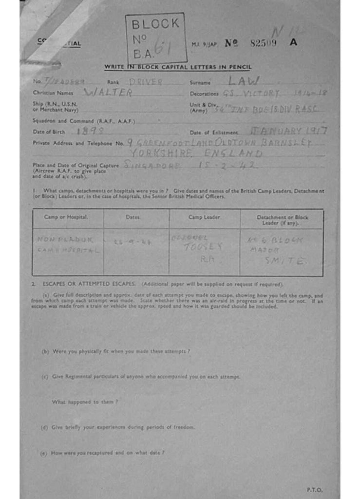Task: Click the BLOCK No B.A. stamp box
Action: (x=156, y=38)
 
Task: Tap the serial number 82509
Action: (x=263, y=43)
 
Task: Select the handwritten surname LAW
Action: (x=246, y=81)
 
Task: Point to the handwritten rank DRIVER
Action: (x=146, y=82)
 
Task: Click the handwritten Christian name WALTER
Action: (x=108, y=93)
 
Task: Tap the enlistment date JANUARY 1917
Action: (x=288, y=131)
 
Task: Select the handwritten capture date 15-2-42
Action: (x=228, y=165)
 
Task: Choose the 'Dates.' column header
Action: (x=133, y=217)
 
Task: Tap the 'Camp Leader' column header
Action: (x=204, y=217)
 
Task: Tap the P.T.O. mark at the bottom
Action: (x=314, y=489)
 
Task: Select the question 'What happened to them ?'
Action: (x=85, y=402)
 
